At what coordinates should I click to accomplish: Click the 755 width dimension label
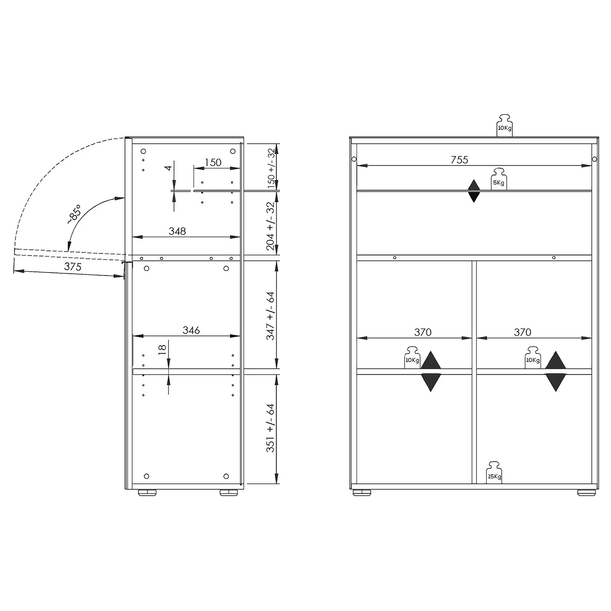point(459,160)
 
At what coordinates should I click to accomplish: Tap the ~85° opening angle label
point(74,214)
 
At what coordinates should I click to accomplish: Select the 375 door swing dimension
point(73,267)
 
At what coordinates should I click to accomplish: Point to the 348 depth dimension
point(177,231)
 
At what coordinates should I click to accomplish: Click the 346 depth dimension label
point(191,330)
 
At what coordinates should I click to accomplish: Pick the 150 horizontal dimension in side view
point(213,163)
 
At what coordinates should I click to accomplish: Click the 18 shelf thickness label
point(162,349)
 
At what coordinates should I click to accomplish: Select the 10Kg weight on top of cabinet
point(504,125)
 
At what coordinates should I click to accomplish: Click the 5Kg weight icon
point(499,179)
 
